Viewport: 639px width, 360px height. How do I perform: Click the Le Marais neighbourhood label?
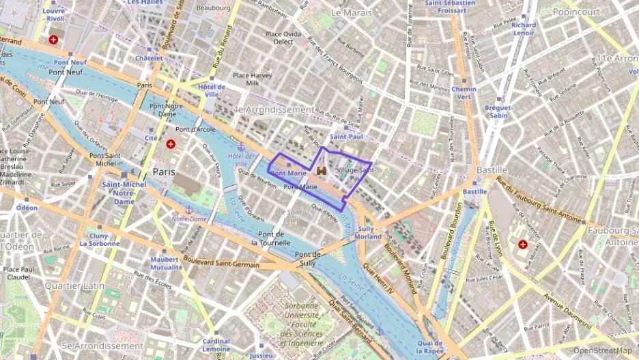pos(351,12)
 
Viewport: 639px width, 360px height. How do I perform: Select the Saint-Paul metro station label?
pos(346,136)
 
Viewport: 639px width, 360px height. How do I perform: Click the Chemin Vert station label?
pos(464,93)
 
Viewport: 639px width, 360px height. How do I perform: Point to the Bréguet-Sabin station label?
pos(498,111)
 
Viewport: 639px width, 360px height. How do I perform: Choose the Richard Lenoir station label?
pos(524,29)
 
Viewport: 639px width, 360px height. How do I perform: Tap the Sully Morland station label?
pos(369,232)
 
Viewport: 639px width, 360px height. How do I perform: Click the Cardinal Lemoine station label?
pos(216,345)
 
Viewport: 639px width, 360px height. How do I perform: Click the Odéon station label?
pos(27,207)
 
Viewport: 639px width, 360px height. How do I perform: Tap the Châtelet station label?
pos(149,59)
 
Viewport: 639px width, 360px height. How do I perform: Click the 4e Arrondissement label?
pos(272,109)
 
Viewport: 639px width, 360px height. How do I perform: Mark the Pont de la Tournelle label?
pos(271,238)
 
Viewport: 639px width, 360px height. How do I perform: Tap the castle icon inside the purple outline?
pos(320,169)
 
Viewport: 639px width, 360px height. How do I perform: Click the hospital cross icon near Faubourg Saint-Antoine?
pos(523,244)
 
